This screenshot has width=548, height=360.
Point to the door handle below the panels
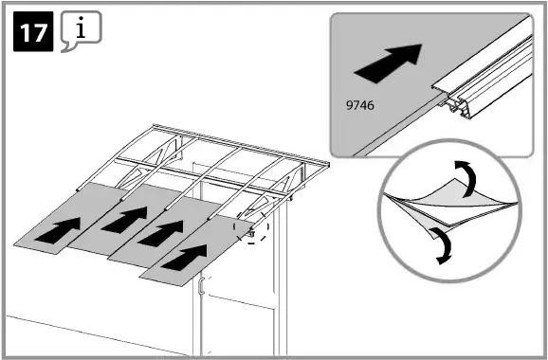[202, 289]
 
